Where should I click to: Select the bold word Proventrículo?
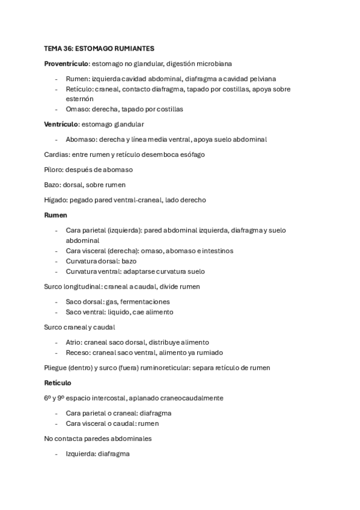click(x=66, y=63)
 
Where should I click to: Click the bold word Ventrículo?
click(x=61, y=124)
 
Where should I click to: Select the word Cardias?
click(x=56, y=155)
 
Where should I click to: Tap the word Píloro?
click(x=53, y=170)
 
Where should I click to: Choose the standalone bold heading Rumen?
click(x=56, y=214)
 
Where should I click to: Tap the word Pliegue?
click(x=58, y=367)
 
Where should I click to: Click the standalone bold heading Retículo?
click(x=58, y=382)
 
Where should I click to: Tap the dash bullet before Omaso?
click(x=56, y=109)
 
